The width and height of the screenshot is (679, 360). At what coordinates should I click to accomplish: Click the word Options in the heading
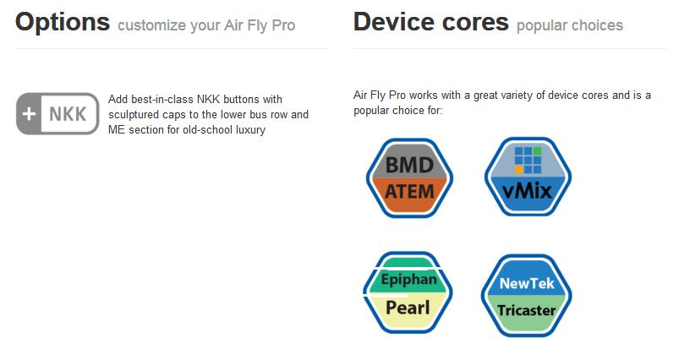[x=63, y=23]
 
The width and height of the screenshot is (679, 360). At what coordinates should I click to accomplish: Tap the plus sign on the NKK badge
[x=29, y=114]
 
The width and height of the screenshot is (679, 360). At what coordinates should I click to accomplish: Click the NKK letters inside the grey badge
[x=68, y=114]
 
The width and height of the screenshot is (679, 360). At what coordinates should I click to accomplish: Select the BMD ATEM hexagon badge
[x=409, y=177]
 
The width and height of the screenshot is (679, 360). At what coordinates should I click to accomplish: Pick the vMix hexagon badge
[x=528, y=177]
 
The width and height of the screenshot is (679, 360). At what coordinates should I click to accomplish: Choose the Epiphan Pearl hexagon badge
[x=408, y=292]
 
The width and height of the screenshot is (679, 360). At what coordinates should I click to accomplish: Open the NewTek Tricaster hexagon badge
[x=527, y=296]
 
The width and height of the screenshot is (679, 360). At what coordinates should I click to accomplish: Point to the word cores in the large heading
[x=472, y=23]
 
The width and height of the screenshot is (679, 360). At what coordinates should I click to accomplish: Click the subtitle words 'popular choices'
[x=570, y=25]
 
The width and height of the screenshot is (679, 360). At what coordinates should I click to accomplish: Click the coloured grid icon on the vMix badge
[x=528, y=160]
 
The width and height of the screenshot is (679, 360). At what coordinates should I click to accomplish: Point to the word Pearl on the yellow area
[x=408, y=308]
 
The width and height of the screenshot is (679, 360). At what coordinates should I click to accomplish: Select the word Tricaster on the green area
[x=527, y=310]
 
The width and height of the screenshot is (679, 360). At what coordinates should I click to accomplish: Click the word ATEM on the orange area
[x=409, y=191]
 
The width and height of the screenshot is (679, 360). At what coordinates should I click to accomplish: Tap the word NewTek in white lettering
[x=527, y=283]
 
